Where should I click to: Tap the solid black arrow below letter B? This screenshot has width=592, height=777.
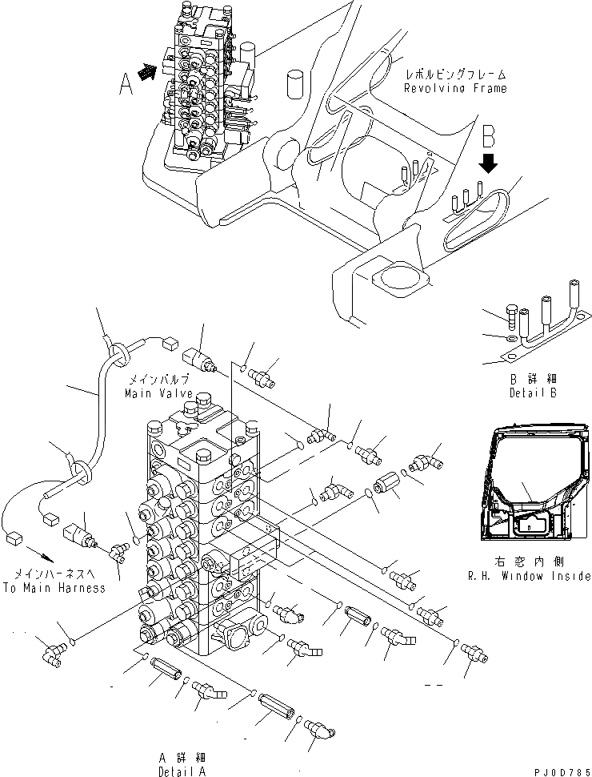pyautogui.click(x=490, y=163)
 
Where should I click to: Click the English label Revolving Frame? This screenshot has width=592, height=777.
pyautogui.click(x=455, y=88)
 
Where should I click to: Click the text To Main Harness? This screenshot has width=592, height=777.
pyautogui.click(x=54, y=587)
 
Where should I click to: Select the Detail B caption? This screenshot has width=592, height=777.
pyautogui.click(x=532, y=393)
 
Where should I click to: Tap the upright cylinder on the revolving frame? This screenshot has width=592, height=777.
pyautogui.click(x=296, y=83)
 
